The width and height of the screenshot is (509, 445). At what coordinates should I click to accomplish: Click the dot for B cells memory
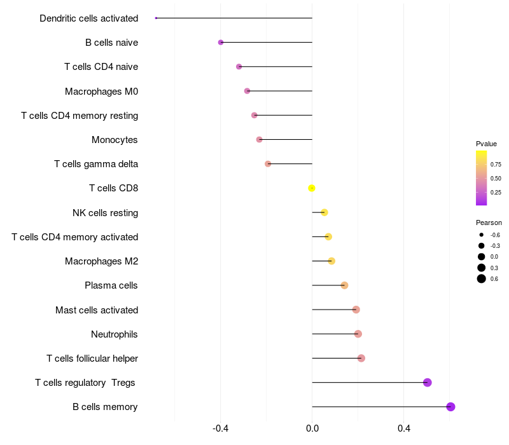click(450, 407)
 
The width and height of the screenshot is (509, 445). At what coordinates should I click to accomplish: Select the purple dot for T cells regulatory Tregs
click(428, 383)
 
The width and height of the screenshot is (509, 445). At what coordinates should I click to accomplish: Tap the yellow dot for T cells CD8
click(312, 188)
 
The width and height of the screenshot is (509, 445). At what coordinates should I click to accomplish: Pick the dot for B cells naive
click(221, 43)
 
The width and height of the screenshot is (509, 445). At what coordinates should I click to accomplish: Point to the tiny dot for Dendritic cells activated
click(156, 18)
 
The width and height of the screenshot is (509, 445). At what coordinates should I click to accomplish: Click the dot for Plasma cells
click(344, 285)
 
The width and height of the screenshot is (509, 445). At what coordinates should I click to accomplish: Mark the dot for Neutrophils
click(358, 334)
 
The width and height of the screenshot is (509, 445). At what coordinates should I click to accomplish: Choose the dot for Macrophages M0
click(247, 91)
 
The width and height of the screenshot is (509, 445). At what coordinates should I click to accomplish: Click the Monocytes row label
click(115, 140)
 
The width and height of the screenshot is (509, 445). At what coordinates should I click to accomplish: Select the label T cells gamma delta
click(96, 164)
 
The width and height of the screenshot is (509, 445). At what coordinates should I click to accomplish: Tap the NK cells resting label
click(105, 212)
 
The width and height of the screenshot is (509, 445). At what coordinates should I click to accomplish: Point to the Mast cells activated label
click(97, 310)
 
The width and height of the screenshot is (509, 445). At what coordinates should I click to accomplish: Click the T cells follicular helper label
click(92, 359)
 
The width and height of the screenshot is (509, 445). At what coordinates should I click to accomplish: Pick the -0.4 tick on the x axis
click(221, 429)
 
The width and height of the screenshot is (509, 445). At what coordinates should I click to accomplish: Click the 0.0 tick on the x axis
click(312, 429)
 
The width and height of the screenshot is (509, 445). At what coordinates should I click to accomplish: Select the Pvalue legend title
click(486, 144)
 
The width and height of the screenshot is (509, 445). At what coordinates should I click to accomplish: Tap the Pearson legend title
click(489, 222)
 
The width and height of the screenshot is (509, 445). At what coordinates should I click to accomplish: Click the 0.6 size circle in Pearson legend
click(482, 278)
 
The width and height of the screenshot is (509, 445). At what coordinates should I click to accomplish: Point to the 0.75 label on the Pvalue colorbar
click(496, 164)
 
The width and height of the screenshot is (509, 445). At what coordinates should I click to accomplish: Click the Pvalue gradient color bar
click(482, 178)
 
